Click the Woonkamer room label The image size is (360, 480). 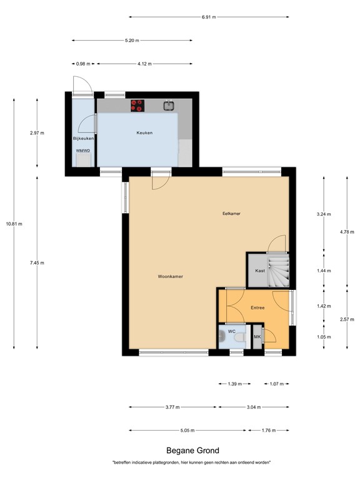171,276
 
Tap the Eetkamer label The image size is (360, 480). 232,213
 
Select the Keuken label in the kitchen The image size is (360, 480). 145,132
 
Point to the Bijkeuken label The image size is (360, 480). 83,137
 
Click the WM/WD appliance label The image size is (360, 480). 82,151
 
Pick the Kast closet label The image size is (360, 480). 259,270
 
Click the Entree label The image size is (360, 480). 258,307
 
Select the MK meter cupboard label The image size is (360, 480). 257,337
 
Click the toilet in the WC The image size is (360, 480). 237,338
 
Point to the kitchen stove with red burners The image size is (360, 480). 137,106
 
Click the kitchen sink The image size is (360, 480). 169,106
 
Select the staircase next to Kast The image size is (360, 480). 278,268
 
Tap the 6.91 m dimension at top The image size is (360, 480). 209,17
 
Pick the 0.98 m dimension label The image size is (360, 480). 82,64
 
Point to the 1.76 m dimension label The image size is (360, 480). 269,430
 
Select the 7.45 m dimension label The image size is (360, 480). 37,262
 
